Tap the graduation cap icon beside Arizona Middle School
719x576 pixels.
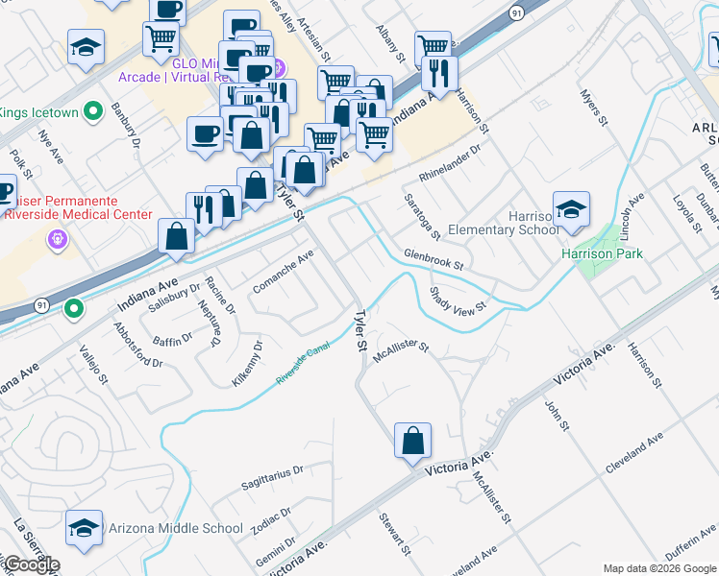(85, 528)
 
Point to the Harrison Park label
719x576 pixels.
(603, 254)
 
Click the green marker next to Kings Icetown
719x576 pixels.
(93, 112)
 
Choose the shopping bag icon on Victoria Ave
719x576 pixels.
(412, 441)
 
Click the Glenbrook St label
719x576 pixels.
(434, 259)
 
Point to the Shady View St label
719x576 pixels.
(459, 298)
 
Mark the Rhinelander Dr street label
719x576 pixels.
(449, 164)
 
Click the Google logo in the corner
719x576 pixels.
(31, 564)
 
